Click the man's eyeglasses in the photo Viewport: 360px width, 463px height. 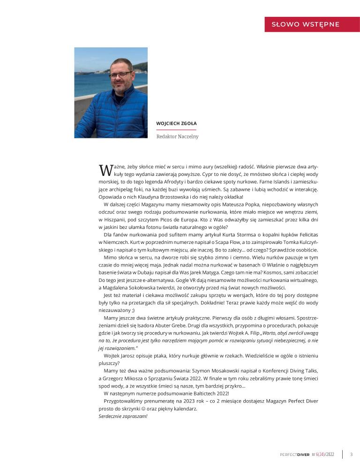coord(120,75)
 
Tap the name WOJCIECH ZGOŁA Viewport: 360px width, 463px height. coord(176,123)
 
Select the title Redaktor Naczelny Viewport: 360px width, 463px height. coord(178,137)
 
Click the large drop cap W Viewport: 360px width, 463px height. coord(104,169)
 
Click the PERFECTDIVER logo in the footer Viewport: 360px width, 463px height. coord(294,454)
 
